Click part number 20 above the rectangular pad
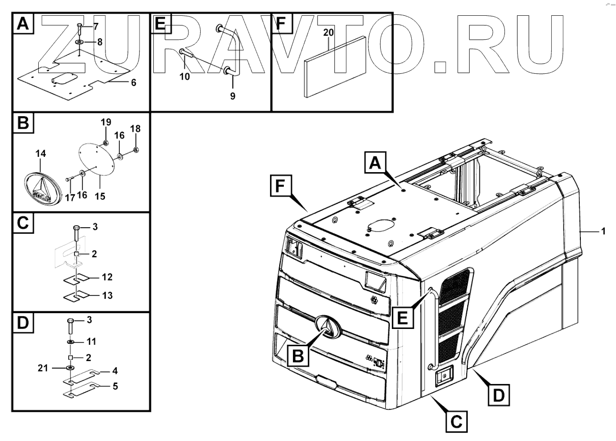pyautogui.click(x=329, y=33)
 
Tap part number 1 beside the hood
pyautogui.click(x=603, y=231)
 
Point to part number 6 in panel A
pyautogui.click(x=133, y=81)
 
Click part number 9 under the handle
pyautogui.click(x=232, y=95)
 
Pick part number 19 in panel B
pyautogui.click(x=105, y=122)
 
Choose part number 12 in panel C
pyautogui.click(x=107, y=278)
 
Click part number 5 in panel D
pyautogui.click(x=116, y=387)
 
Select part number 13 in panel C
pyautogui.click(x=107, y=295)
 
